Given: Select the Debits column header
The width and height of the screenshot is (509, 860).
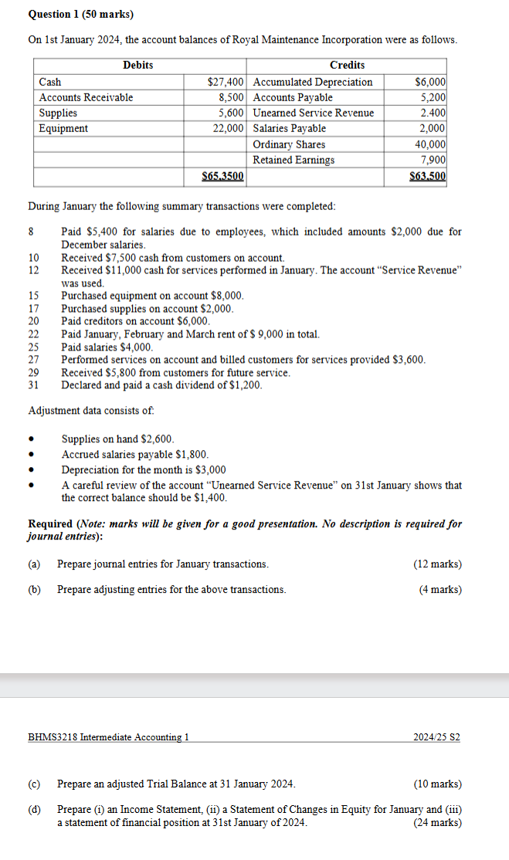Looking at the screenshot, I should (138, 65).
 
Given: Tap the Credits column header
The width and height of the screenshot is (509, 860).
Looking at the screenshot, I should (347, 65).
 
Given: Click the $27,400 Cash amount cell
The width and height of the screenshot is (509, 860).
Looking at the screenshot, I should (226, 82).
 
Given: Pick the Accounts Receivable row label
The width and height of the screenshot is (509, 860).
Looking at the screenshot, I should (87, 97).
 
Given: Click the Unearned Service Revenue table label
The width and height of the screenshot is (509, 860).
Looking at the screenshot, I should (314, 113).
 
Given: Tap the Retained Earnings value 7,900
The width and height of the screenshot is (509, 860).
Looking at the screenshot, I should (435, 160).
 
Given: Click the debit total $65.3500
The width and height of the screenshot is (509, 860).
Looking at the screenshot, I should (222, 176).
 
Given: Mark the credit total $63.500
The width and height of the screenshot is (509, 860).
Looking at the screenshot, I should (428, 176).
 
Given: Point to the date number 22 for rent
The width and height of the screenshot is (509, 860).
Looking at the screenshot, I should (33, 334).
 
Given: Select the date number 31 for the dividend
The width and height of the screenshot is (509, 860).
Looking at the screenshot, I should (33, 384).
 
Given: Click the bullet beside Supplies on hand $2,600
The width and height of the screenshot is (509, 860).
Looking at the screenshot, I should (32, 439).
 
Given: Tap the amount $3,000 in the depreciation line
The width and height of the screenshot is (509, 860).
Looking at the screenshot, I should (211, 469).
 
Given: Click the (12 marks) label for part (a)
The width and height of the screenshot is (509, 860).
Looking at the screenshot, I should (438, 564).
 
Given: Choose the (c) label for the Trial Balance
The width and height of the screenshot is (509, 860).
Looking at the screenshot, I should (34, 784).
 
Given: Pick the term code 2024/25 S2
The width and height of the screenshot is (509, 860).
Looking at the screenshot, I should (437, 737).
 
